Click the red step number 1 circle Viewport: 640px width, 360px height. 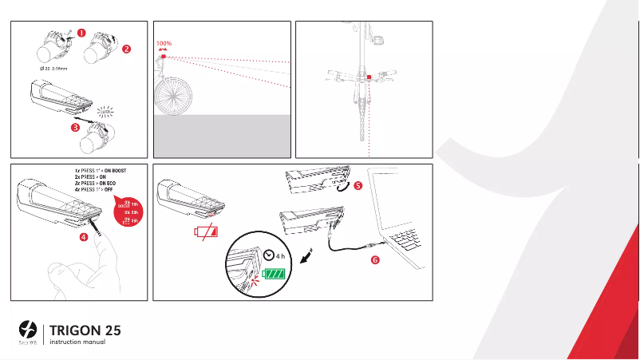82,33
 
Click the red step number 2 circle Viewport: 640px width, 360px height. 126,49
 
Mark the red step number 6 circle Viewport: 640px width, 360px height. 375,259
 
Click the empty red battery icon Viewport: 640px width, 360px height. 207,234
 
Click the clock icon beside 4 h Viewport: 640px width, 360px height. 271,255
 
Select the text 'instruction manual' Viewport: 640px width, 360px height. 78,342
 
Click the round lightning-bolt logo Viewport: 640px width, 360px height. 28,329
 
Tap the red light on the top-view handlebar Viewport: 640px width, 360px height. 369,77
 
